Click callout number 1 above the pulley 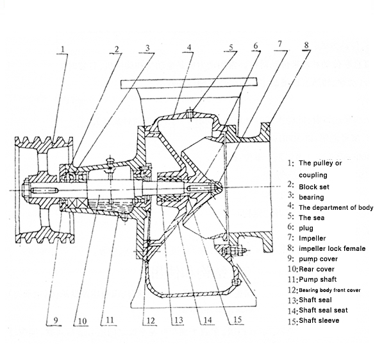[x=63, y=49]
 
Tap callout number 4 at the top [x=189, y=47]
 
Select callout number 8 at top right [x=306, y=45]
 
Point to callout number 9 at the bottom [x=56, y=320]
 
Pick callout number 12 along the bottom [x=151, y=321]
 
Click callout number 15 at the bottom [x=237, y=320]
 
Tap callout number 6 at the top [x=256, y=46]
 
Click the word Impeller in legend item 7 [x=312, y=239]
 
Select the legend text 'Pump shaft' [x=318, y=279]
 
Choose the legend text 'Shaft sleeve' [x=319, y=320]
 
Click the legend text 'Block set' [x=314, y=187]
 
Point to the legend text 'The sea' [x=312, y=218]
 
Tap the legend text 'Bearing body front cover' [x=329, y=290]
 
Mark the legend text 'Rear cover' [x=317, y=270]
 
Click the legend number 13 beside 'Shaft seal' [x=293, y=300]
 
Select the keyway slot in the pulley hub [x=44, y=191]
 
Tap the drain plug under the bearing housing [x=124, y=218]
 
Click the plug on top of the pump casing [x=190, y=114]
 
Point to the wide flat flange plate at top [x=189, y=83]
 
